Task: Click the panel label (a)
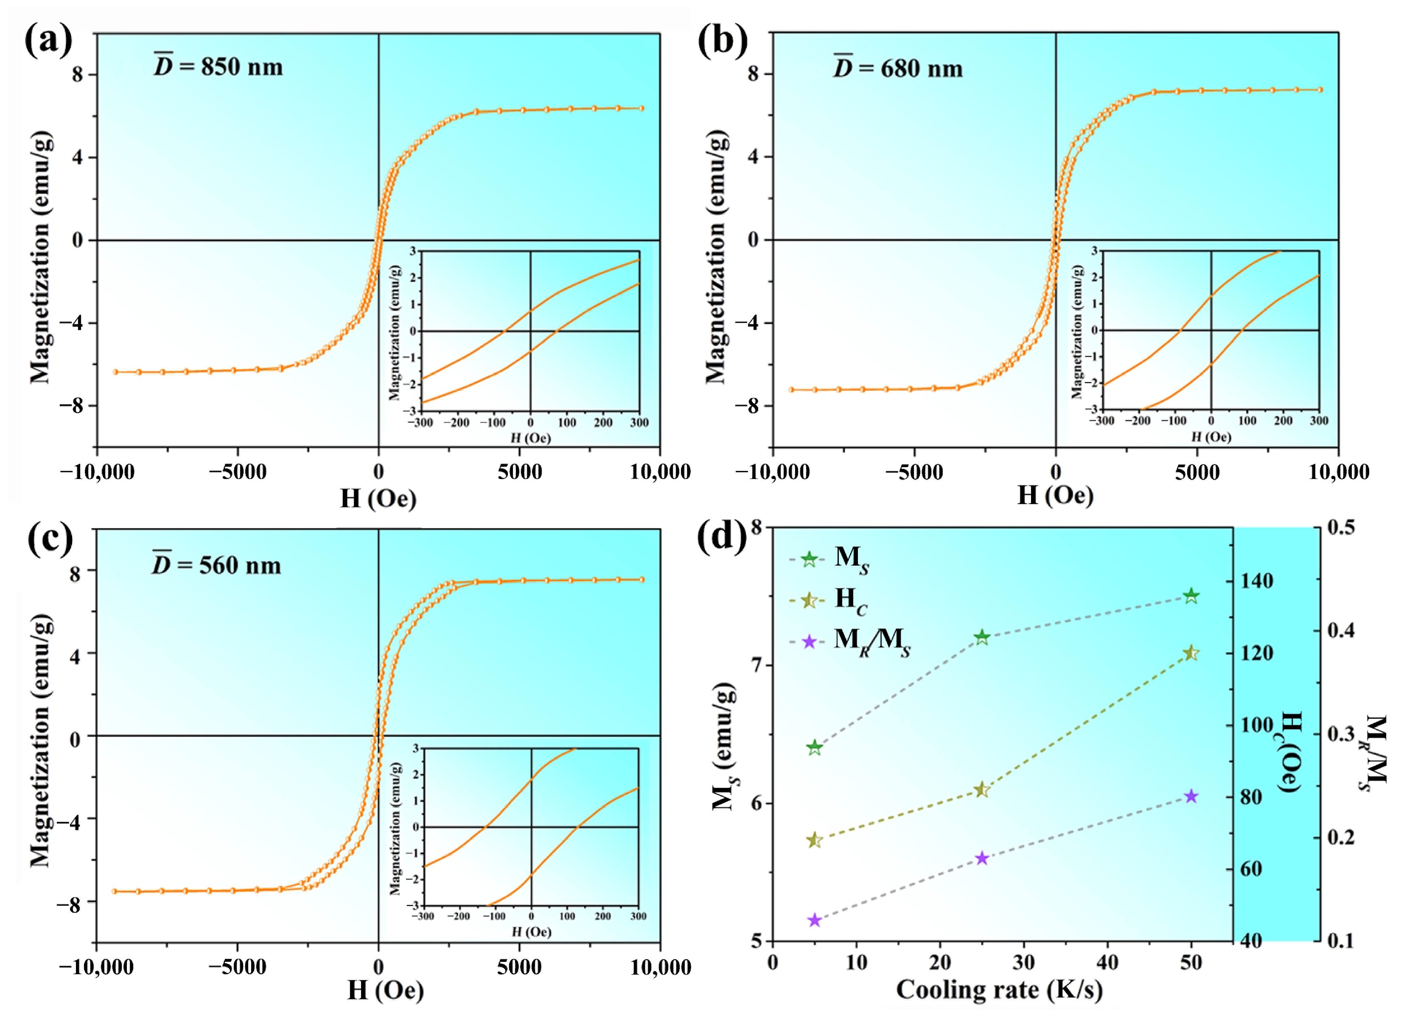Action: point(48,41)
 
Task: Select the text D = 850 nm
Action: point(218,66)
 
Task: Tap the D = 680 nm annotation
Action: point(897,67)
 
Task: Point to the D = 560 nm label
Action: point(217,565)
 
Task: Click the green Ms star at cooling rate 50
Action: point(1191,596)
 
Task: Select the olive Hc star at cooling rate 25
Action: point(981,790)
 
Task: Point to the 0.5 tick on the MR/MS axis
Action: point(1341,527)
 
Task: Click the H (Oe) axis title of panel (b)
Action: point(1055,495)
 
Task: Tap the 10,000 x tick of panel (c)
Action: point(660,967)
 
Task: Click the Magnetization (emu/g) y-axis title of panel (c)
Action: point(39,740)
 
